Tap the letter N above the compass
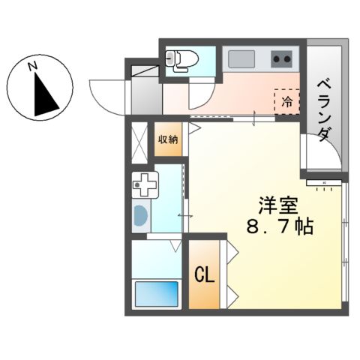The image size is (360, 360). point(33,67)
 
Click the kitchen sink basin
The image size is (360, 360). point(243,58)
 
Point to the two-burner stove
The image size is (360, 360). point(282,58)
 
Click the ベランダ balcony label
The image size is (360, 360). point(323,108)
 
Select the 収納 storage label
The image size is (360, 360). point(168,139)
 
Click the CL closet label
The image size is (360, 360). point(204,274)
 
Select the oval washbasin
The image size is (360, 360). point(140,217)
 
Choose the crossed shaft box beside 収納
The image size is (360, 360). point(140,140)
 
